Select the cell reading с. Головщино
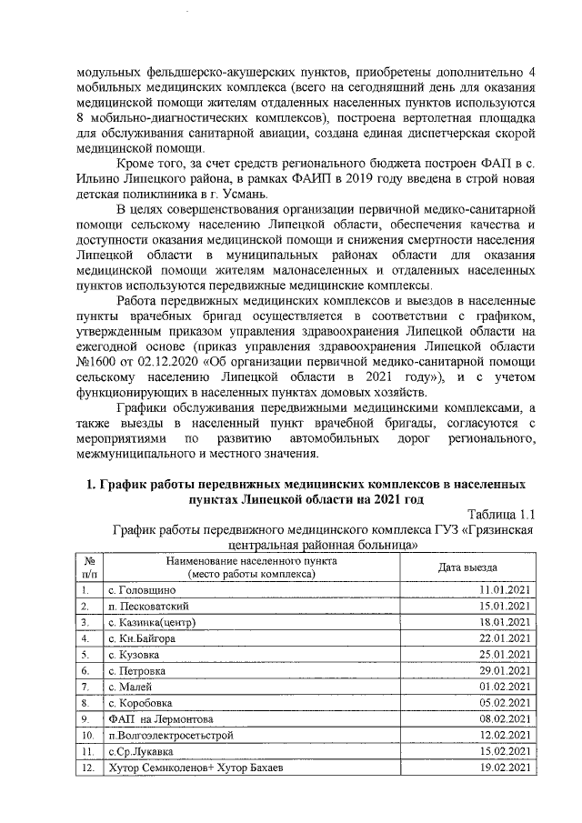[x=137, y=591]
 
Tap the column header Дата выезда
[x=468, y=567]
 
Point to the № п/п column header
[x=89, y=567]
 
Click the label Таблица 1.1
[x=497, y=517]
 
